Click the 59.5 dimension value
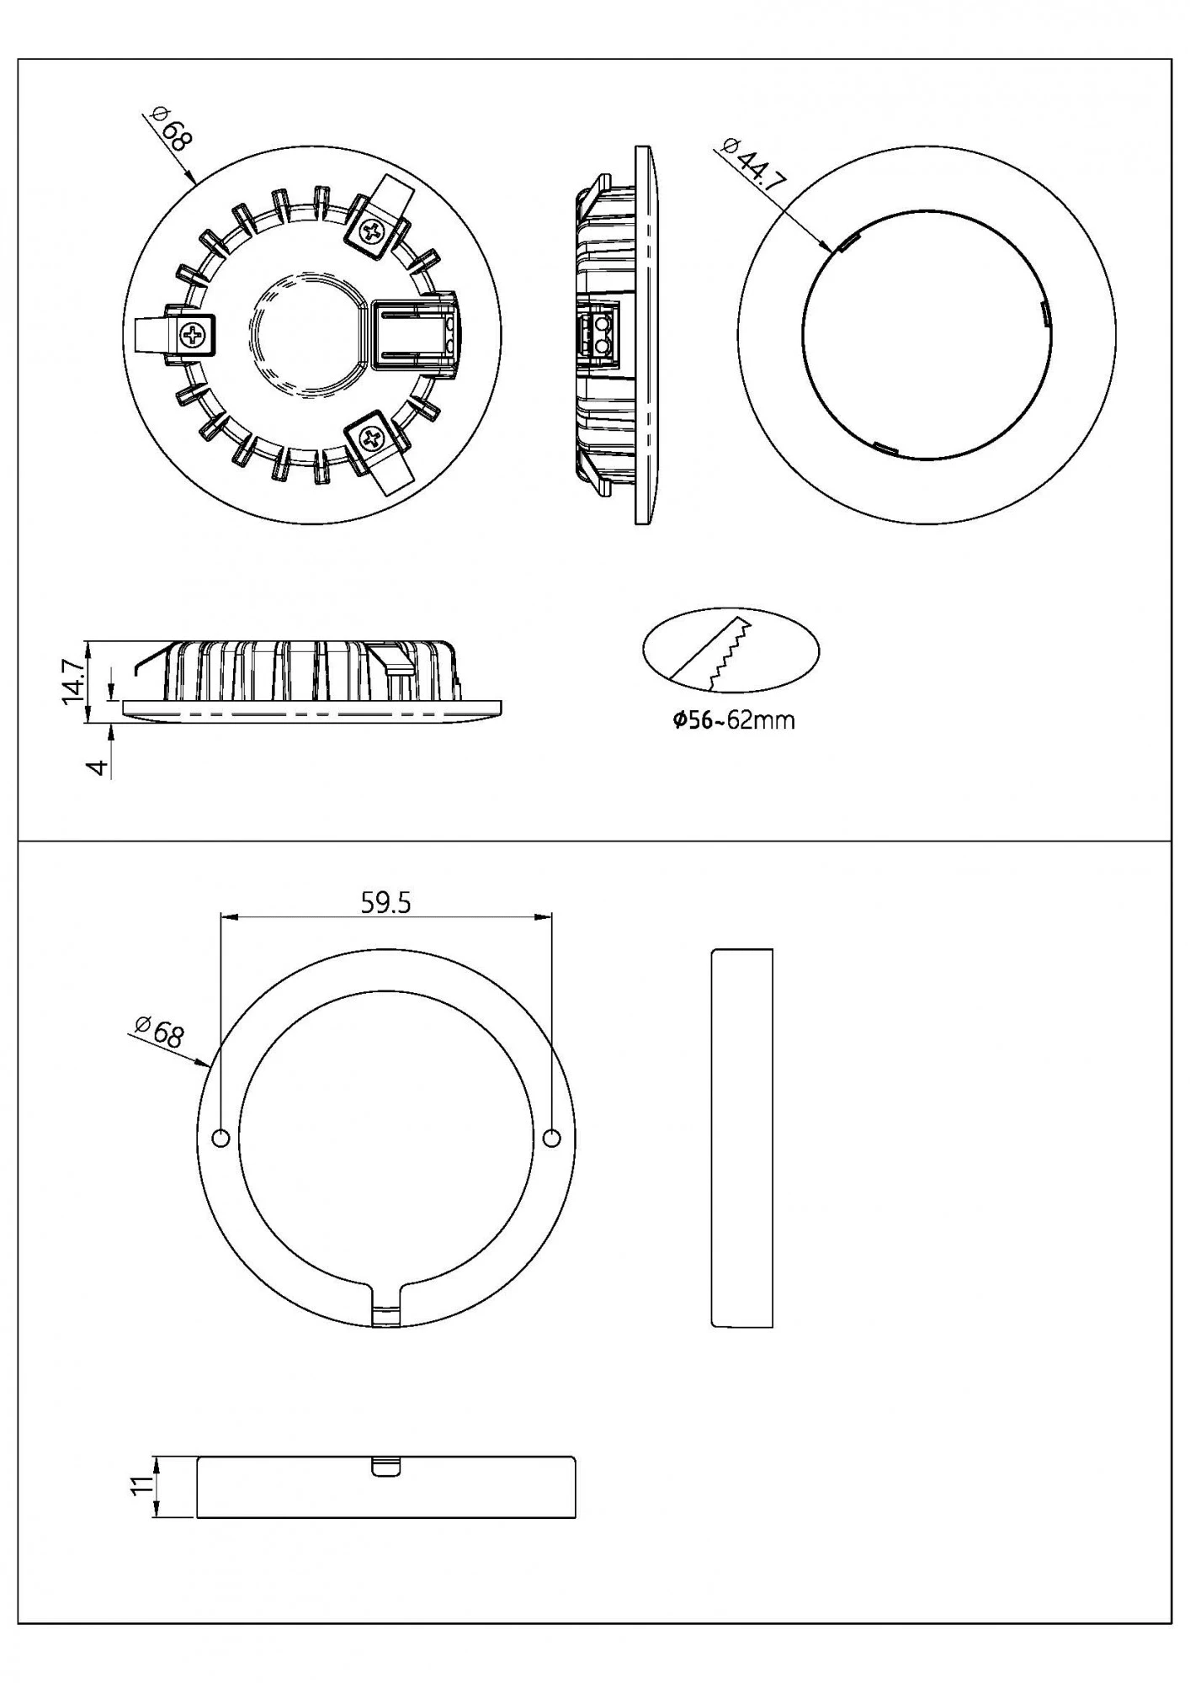coord(385,903)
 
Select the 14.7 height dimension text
coord(73,682)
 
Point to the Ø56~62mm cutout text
coord(734,720)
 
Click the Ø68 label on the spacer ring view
coord(159,1032)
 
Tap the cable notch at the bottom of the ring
coord(386,1314)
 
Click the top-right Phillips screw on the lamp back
coord(370,232)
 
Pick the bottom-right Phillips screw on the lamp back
coord(370,437)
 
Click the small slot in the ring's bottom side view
coord(385,1466)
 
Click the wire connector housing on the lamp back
coord(414,335)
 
